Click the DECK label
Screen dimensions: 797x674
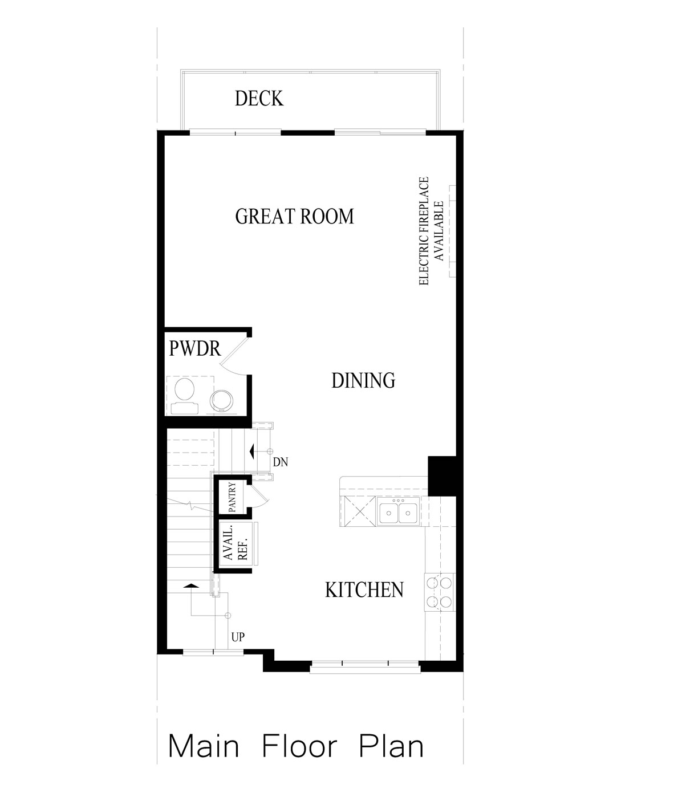(x=259, y=99)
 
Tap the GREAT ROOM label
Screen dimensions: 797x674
(x=294, y=217)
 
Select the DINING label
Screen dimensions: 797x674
(x=363, y=380)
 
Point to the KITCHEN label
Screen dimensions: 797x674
(x=364, y=589)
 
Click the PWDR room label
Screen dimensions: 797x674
(x=194, y=348)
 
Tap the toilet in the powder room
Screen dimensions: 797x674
(x=184, y=393)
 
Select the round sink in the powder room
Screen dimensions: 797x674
(x=222, y=399)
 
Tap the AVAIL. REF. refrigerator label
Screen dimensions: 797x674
(x=236, y=544)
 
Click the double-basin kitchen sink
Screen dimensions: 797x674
(x=398, y=512)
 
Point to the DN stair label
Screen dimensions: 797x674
(x=280, y=462)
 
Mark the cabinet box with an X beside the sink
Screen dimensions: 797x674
(x=357, y=512)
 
